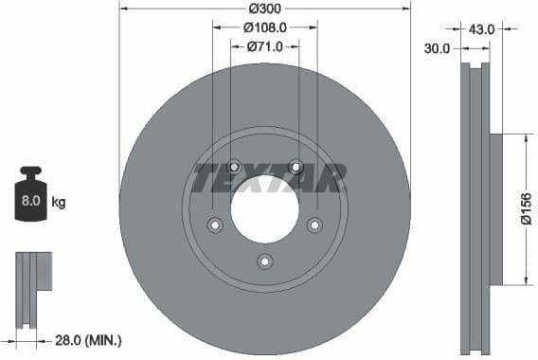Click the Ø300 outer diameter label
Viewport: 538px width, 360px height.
tap(265, 8)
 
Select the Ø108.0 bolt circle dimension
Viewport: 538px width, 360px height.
tap(265, 28)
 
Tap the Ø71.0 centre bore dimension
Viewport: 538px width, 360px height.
tap(266, 45)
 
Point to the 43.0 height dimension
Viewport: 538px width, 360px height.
tap(481, 29)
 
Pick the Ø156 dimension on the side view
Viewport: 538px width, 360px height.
tap(526, 207)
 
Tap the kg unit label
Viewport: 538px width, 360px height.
tap(59, 202)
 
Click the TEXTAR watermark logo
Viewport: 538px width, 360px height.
tap(269, 176)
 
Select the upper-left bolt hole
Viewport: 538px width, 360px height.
tap(235, 167)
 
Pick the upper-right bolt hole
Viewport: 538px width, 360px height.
tap(296, 167)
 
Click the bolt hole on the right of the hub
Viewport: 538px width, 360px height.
tap(314, 225)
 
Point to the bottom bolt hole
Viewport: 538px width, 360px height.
tap(265, 261)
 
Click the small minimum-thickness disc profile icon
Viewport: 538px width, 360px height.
tap(32, 284)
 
